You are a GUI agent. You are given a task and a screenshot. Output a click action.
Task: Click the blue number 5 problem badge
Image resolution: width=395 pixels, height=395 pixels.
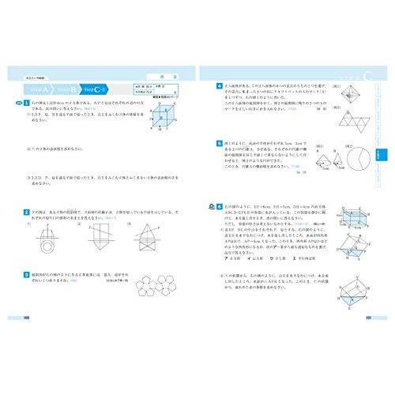tap(219, 144)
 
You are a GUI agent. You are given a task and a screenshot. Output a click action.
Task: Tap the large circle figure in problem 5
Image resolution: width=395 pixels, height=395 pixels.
tap(358, 158)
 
